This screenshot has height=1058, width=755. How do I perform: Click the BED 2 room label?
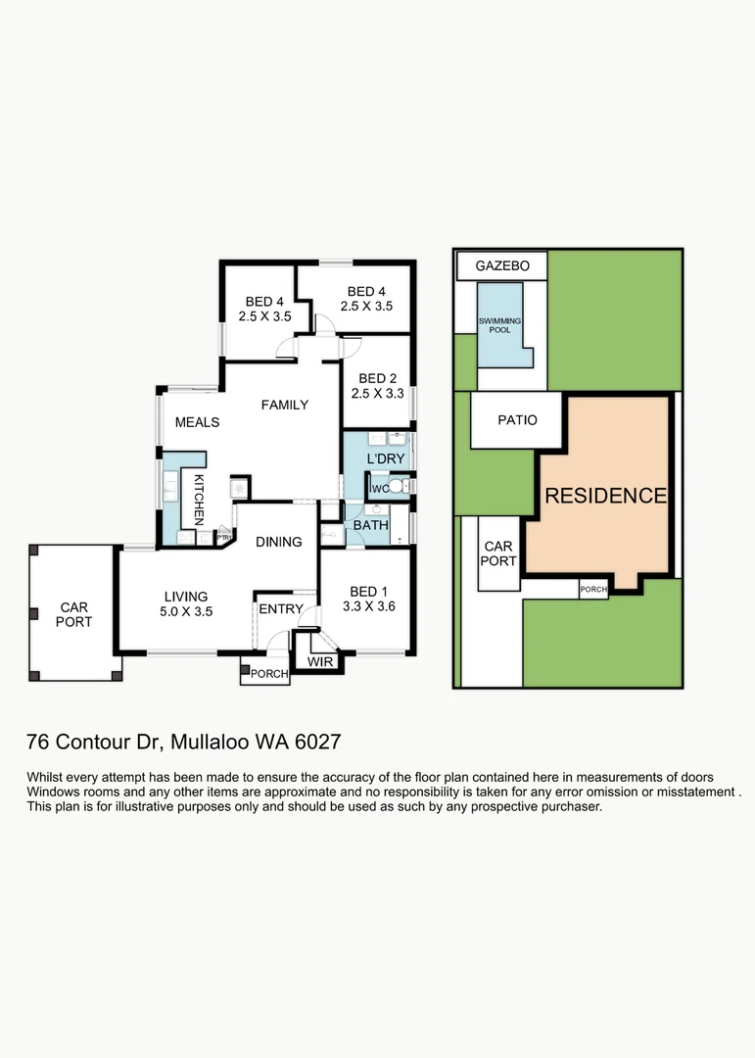(x=377, y=386)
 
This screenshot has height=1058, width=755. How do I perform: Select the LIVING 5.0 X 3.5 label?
(x=186, y=603)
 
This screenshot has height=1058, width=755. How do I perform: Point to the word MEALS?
(x=197, y=422)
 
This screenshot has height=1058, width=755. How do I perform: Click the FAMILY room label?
(x=284, y=405)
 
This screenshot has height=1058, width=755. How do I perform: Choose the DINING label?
(x=279, y=542)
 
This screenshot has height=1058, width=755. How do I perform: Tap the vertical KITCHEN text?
(x=198, y=497)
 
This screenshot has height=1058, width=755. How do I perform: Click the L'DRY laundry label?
(x=386, y=458)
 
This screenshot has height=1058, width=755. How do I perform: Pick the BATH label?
(x=371, y=525)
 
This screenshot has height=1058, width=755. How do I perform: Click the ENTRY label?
(x=280, y=609)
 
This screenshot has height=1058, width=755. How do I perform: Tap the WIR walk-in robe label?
(x=320, y=663)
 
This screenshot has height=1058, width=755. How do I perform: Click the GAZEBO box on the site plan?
(x=501, y=265)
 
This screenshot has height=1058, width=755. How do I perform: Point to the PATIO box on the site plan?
(x=517, y=420)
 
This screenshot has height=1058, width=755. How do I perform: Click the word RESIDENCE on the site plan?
(x=605, y=496)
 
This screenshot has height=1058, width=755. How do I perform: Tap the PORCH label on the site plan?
(x=593, y=590)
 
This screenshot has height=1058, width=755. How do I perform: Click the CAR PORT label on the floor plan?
(x=73, y=614)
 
